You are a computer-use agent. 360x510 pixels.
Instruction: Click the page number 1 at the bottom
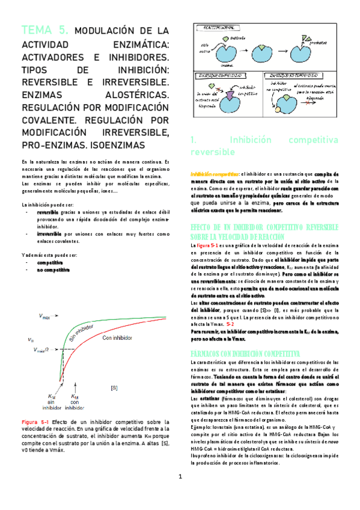(180, 494)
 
